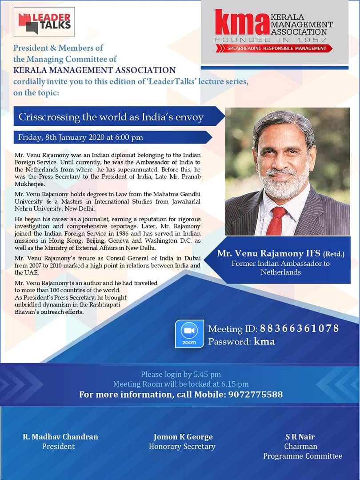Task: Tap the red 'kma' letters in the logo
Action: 242,23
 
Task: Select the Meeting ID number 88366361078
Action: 299,328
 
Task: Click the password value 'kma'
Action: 264,341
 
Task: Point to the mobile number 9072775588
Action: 256,394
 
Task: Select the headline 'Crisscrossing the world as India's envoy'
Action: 111,117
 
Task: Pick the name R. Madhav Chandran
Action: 60,436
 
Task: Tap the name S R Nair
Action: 301,436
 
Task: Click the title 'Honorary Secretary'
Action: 182,446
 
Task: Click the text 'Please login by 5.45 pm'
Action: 181,374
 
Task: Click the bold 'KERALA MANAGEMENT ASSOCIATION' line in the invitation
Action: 94,70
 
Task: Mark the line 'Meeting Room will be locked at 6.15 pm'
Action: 181,384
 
